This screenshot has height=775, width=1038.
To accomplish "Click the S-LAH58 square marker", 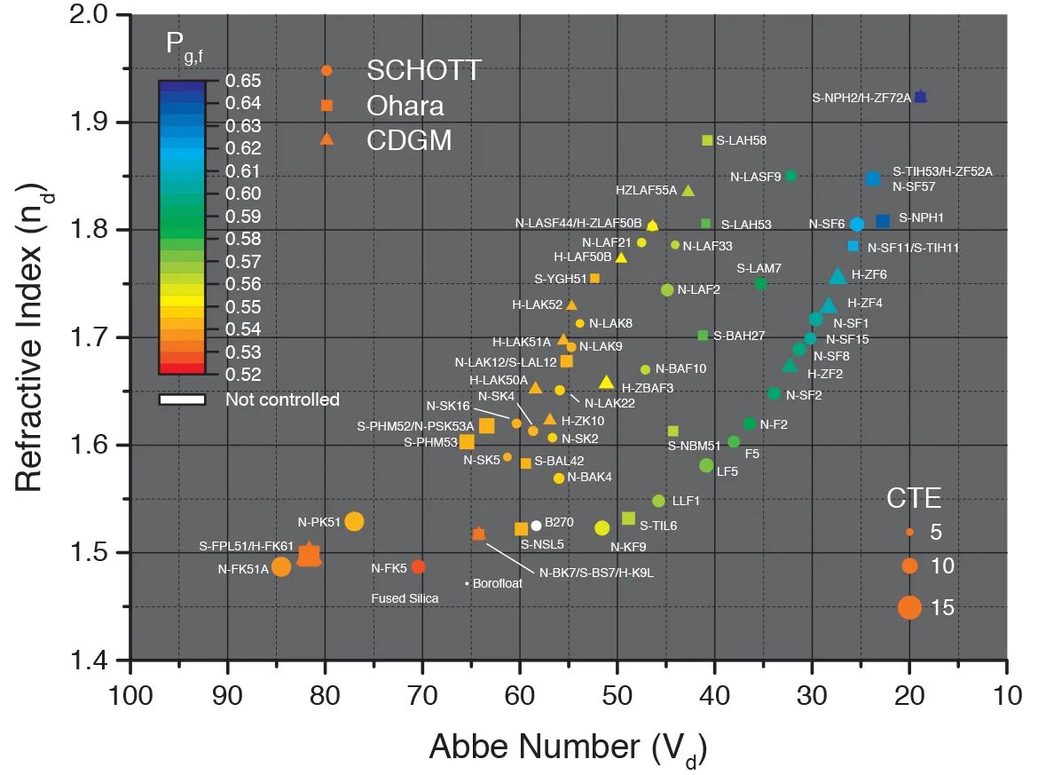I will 707,140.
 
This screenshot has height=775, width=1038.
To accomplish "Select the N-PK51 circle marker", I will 354,521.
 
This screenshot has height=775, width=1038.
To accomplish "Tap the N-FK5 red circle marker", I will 419,566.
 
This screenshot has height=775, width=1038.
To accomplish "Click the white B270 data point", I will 536,526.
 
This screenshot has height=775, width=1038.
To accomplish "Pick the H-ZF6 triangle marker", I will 837,276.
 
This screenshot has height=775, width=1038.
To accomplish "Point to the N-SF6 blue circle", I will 857,225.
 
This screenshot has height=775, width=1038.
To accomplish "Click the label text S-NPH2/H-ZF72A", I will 861,98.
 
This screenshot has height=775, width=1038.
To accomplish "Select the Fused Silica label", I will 405,599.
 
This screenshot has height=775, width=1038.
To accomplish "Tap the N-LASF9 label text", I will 756,177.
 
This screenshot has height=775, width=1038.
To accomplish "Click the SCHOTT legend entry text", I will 424,70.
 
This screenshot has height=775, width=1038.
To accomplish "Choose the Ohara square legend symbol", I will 326,106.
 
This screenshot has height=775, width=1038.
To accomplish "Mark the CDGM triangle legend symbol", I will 326,139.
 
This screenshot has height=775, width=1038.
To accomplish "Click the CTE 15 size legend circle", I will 909,607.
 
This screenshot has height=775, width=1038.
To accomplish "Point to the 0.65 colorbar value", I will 242,80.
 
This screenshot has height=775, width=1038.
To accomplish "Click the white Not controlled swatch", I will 182,399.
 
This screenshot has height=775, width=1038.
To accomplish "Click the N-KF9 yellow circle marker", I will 602,528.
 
